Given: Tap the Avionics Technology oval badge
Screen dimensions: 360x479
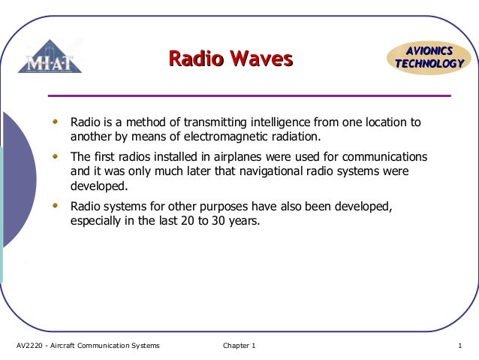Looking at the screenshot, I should (429, 58).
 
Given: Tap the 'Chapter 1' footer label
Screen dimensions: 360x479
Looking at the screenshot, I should (239, 346).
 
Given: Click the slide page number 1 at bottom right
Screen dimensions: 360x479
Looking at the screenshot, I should (458, 346).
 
